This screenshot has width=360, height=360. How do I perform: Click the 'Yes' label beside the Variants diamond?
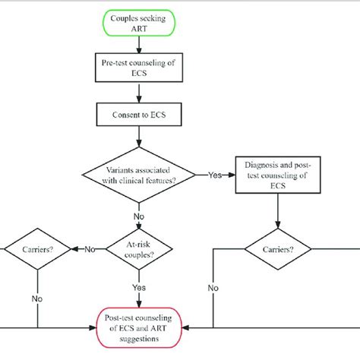(x=215, y=175)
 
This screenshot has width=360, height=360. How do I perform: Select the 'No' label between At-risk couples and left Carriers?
(x=90, y=248)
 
